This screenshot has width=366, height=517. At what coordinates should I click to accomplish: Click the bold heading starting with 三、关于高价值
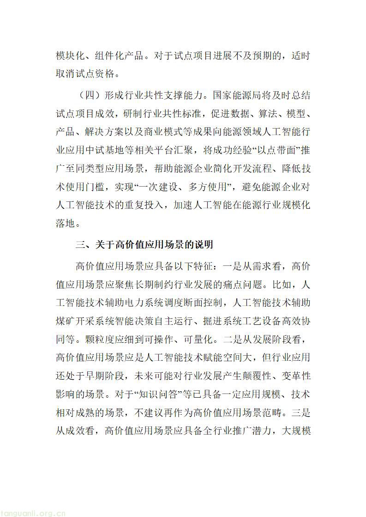[144, 245]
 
